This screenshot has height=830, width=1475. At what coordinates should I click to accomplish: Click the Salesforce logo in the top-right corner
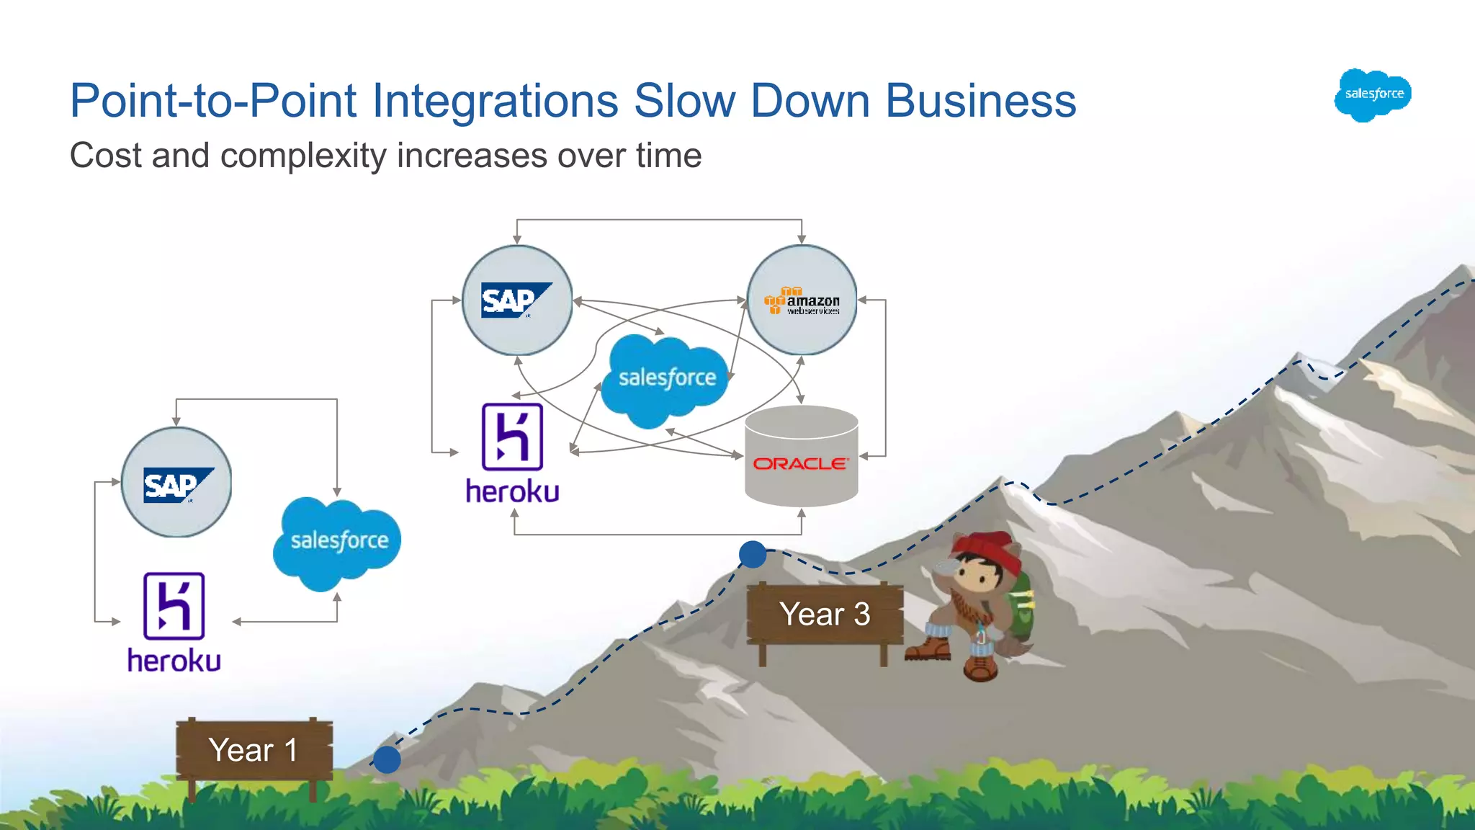1373,94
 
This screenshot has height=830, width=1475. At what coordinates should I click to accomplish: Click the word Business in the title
980,100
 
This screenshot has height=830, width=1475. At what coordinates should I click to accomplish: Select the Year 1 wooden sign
254,750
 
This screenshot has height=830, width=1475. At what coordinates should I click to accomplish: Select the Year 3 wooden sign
825,614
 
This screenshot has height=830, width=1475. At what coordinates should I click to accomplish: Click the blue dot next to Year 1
387,759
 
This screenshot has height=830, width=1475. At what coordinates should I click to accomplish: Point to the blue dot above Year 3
753,554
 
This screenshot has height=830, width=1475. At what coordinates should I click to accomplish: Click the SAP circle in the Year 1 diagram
176,482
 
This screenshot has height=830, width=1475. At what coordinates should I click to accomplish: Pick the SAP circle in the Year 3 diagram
517,300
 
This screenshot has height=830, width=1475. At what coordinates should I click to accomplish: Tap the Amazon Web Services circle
802,300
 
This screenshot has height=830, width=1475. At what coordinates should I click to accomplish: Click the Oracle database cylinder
801,456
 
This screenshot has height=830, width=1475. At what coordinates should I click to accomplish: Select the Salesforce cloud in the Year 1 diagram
337,542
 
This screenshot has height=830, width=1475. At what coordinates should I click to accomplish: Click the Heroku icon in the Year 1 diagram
174,606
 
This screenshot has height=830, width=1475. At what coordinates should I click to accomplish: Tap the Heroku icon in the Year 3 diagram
512,437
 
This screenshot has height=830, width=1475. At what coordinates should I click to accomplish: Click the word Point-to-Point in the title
213,100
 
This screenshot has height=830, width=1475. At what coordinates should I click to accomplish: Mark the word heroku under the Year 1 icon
174,661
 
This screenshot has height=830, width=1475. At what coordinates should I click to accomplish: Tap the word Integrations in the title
495,100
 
